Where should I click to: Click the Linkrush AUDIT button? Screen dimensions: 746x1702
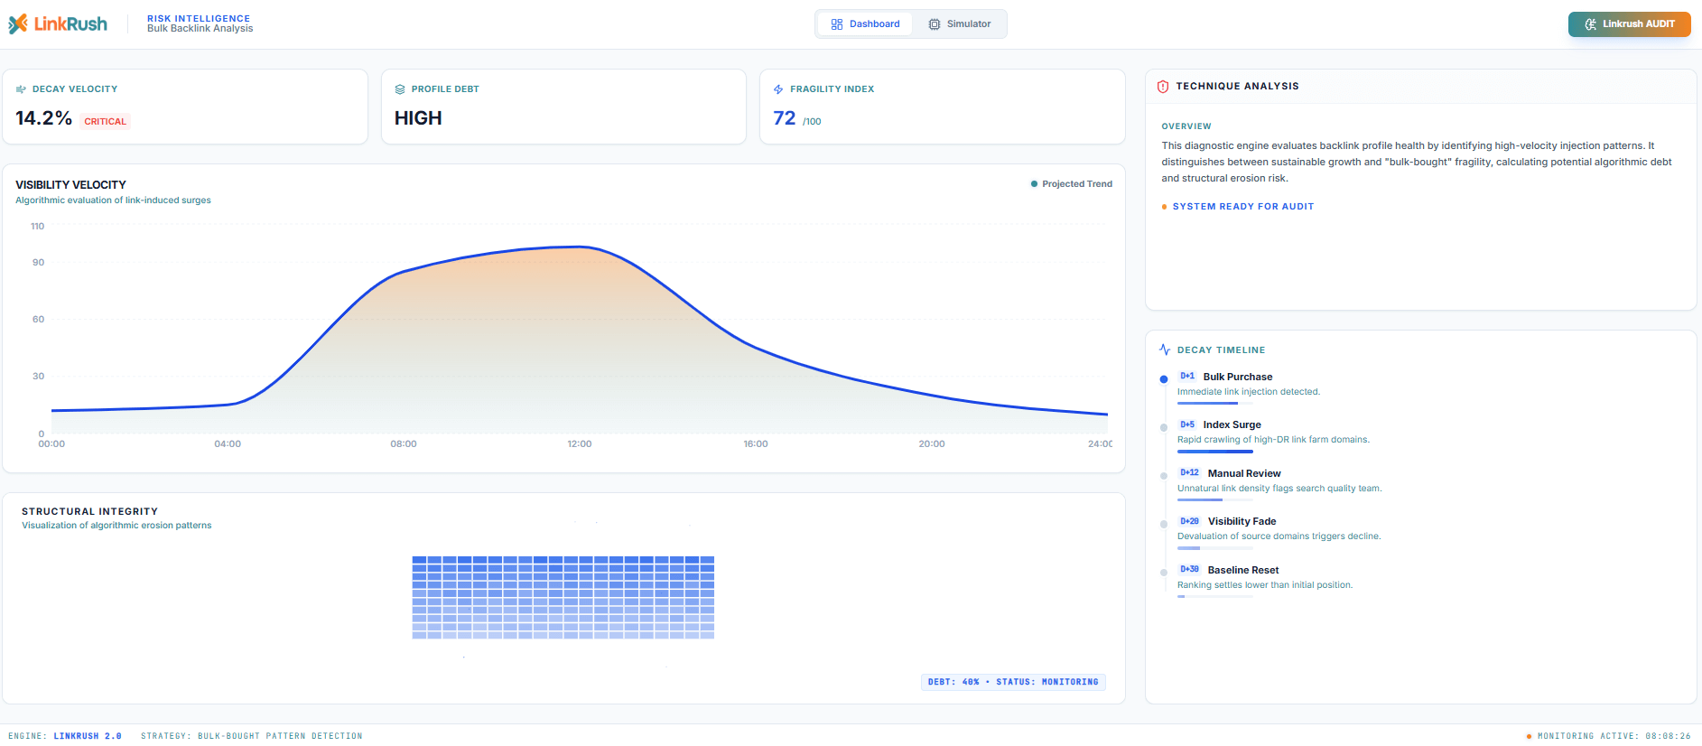pyautogui.click(x=1629, y=24)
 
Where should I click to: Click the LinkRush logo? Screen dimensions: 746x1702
pyautogui.click(x=58, y=24)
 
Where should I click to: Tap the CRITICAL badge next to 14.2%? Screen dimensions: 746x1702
pyautogui.click(x=105, y=121)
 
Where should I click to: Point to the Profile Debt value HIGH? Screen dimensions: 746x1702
pyautogui.click(x=418, y=118)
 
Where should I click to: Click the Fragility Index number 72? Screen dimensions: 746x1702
pyautogui.click(x=784, y=118)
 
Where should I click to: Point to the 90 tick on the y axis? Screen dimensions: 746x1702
pyautogui.click(x=38, y=263)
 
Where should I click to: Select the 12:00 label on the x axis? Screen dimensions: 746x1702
pyautogui.click(x=579, y=444)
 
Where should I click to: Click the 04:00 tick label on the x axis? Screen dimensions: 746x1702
pyautogui.click(x=228, y=444)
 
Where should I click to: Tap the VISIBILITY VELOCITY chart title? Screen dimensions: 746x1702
pyautogui.click(x=70, y=185)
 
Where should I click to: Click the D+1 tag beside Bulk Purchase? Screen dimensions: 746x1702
pyautogui.click(x=1187, y=377)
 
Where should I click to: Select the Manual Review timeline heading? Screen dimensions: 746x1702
pyautogui.click(x=1244, y=473)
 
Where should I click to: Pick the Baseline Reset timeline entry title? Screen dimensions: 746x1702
pyautogui.click(x=1243, y=570)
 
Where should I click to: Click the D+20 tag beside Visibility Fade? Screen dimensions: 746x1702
pyautogui.click(x=1189, y=521)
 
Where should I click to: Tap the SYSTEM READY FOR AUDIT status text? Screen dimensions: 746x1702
pyautogui.click(x=1242, y=207)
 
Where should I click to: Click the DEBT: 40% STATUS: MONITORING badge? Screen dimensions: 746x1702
pyautogui.click(x=1013, y=682)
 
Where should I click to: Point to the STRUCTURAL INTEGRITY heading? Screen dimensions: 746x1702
pyautogui.click(x=89, y=511)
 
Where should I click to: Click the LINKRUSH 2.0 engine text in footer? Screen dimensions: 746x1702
pyautogui.click(x=87, y=736)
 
